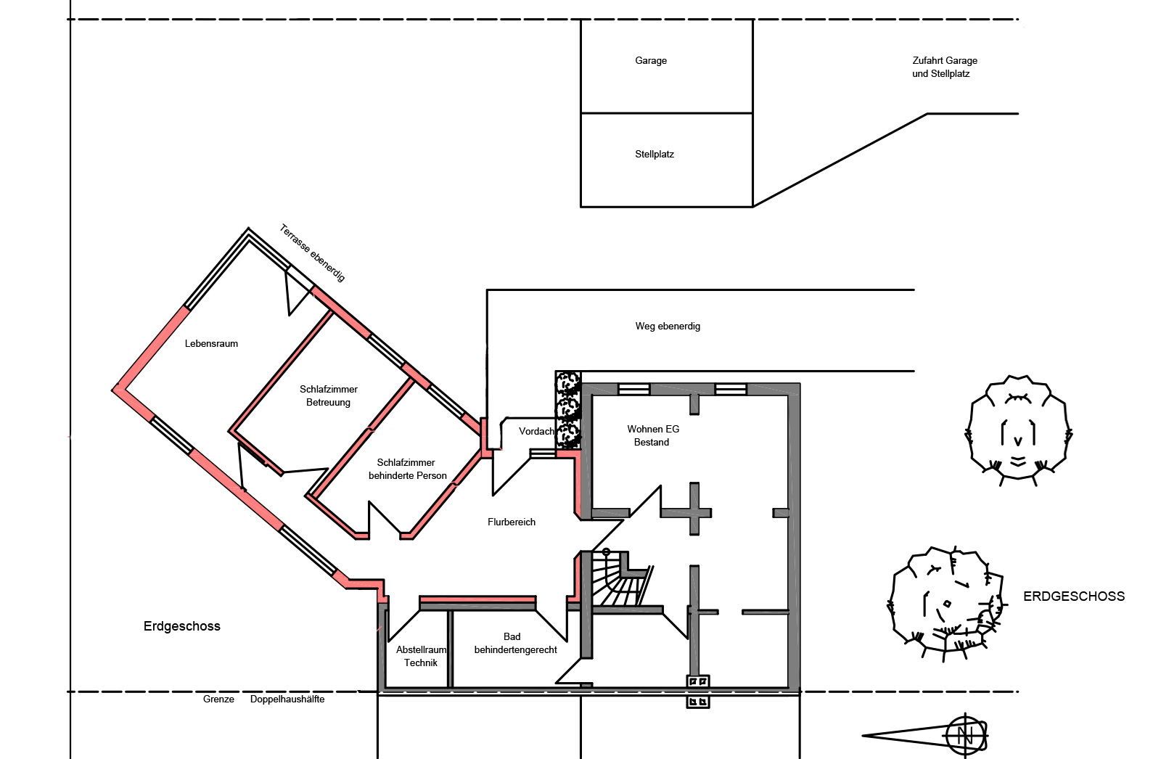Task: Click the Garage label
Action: coord(650,61)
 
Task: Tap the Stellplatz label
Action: coord(654,154)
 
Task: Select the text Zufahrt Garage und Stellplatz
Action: coord(944,67)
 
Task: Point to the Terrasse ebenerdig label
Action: coord(312,253)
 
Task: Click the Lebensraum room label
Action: coord(211,343)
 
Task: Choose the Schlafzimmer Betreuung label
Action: coord(328,395)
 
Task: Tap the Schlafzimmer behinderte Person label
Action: coord(407,469)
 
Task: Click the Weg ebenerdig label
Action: coord(668,326)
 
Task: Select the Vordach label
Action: coord(536,431)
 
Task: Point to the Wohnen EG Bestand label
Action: coord(652,435)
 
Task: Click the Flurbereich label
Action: coord(511,522)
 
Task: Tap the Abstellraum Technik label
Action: coord(421,656)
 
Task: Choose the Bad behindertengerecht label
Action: coord(515,643)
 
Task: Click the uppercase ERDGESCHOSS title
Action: coord(1073,596)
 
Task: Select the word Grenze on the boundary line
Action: coord(218,699)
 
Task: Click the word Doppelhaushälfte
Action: coord(287,699)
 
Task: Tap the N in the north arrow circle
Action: coord(964,735)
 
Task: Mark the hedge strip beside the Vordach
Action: coord(568,409)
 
